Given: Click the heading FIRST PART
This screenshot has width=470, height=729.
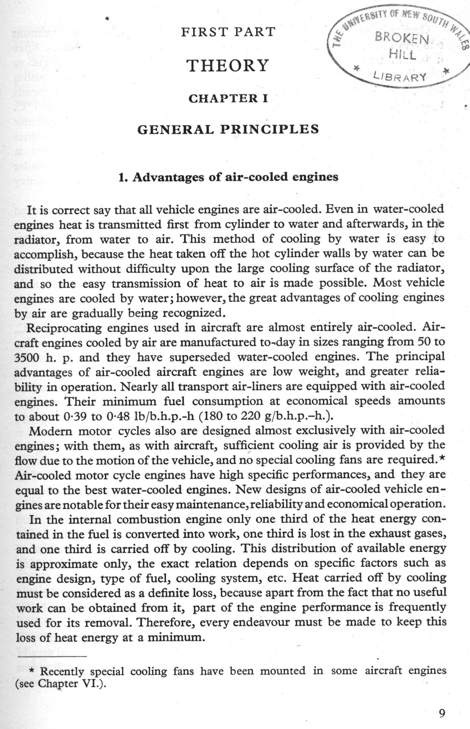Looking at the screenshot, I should pyautogui.click(x=228, y=32).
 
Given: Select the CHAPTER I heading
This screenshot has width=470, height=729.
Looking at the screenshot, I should pyautogui.click(x=228, y=98).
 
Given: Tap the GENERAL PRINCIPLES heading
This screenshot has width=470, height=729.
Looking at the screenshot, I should pyautogui.click(x=228, y=129).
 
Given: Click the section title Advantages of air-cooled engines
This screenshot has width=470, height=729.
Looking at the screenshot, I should pyautogui.click(x=228, y=177).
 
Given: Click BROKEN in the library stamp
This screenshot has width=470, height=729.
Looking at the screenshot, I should pyautogui.click(x=401, y=38).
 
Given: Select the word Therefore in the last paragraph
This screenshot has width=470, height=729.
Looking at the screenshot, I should pyautogui.click(x=165, y=622).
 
